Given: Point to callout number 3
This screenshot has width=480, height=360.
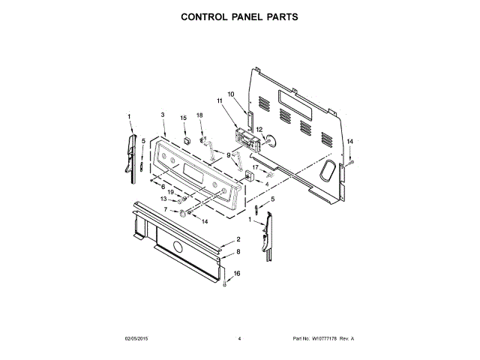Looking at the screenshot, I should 163,115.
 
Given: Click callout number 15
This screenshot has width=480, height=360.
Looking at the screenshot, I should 184,118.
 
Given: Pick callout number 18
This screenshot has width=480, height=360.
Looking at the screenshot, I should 199,115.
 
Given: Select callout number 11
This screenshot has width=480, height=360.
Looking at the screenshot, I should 220,100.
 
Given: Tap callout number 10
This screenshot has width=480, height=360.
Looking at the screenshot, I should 231,94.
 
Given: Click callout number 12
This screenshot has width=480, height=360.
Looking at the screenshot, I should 259,129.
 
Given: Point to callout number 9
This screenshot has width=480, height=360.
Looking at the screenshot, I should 219,154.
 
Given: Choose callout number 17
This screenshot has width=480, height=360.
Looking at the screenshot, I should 255,167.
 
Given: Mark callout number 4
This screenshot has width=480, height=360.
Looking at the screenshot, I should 267,183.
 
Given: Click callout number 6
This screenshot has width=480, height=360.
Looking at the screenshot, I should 163,186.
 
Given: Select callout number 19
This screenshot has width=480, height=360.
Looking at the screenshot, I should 170,193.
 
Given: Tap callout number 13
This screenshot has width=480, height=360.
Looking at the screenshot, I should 163,199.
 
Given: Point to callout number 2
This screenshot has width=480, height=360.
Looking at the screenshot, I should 238,239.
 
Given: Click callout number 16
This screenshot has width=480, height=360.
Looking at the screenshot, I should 237,274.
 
